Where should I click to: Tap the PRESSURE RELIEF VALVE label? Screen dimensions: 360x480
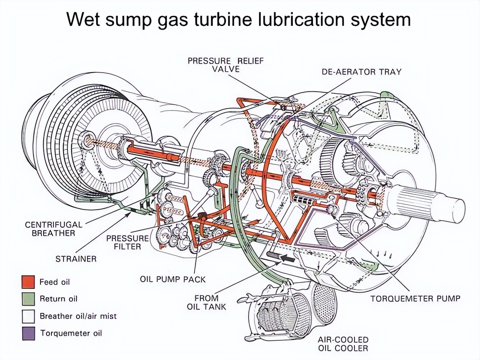click(226, 65)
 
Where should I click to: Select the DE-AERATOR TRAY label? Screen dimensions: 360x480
click(361, 72)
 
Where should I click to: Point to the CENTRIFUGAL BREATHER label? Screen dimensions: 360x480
click(53, 229)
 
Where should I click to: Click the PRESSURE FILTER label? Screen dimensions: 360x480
click(127, 242)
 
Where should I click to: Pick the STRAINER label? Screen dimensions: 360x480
click(76, 259)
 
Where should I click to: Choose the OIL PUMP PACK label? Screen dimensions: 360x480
click(173, 279)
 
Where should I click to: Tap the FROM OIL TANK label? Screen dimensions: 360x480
click(207, 302)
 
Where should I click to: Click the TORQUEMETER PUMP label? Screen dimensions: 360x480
click(415, 298)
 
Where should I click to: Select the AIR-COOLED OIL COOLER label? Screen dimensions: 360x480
click(343, 344)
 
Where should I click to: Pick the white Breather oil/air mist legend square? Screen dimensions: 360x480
click(28, 316)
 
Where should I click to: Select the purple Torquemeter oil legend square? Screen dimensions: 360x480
click(28, 333)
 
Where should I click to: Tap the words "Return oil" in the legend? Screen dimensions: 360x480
click(58, 299)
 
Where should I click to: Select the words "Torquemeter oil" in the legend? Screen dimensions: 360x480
click(71, 333)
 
